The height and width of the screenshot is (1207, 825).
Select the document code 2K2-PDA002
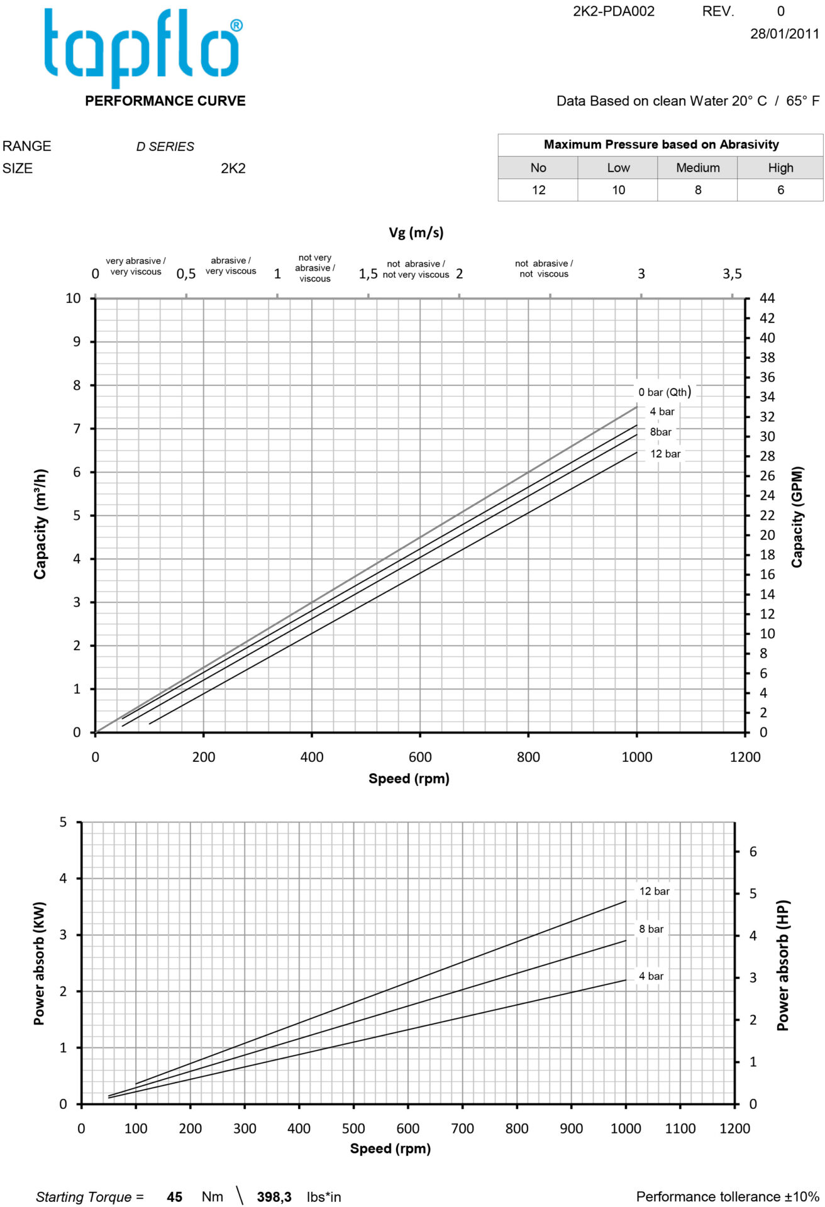click(613, 11)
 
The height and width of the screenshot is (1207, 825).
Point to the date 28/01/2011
click(784, 34)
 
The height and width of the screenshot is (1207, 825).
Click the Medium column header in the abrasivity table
click(697, 168)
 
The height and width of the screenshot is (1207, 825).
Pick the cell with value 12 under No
click(538, 190)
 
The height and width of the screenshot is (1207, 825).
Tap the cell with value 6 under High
click(780, 190)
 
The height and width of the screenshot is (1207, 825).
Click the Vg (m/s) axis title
click(416, 233)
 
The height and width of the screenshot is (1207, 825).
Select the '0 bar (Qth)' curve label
click(665, 392)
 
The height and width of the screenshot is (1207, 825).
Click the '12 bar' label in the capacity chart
click(665, 454)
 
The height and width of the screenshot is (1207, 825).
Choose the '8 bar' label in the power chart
click(651, 929)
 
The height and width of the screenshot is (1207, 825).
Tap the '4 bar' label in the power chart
click(651, 976)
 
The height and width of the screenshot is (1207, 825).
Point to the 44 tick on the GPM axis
click(767, 299)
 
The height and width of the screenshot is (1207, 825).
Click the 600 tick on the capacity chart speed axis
click(420, 758)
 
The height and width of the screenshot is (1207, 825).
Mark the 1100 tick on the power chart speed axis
click(680, 1128)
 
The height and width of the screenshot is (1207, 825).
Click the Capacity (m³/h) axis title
click(40, 524)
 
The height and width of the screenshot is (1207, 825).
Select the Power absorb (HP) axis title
click(782, 965)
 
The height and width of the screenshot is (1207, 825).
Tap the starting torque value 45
click(174, 1197)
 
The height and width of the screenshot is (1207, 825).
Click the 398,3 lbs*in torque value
click(274, 1197)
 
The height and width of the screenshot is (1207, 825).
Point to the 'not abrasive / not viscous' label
click(544, 268)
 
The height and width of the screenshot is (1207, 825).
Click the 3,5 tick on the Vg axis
click(732, 274)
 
